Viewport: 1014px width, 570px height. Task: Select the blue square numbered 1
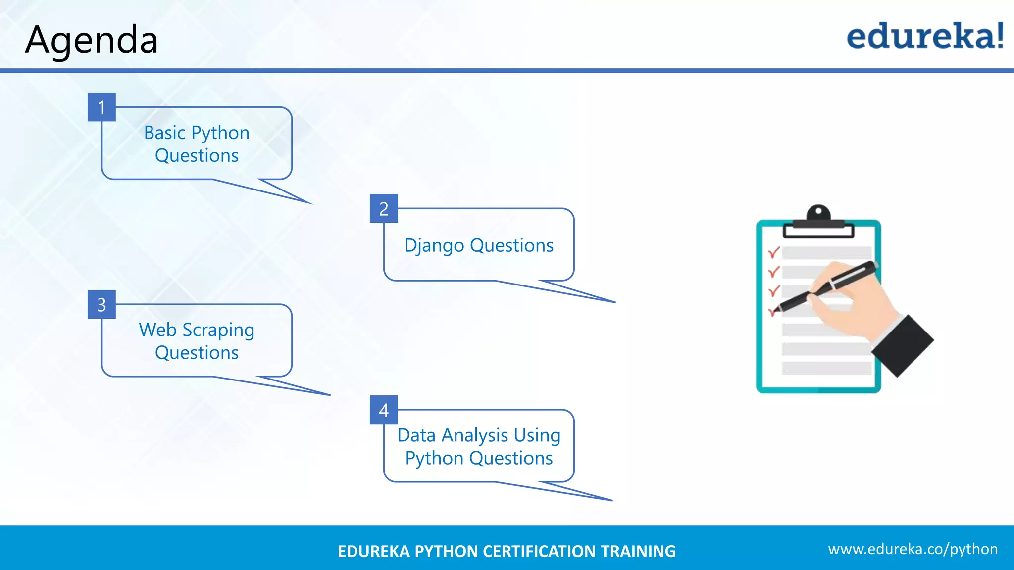click(101, 107)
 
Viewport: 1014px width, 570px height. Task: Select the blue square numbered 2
click(384, 208)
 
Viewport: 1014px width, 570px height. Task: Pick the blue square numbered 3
click(101, 304)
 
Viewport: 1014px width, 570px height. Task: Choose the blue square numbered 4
click(384, 410)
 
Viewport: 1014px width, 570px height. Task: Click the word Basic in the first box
click(164, 133)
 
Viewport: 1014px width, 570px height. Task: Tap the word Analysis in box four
click(475, 436)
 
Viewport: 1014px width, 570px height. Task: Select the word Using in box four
click(537, 436)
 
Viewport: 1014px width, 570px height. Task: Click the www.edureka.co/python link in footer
click(913, 549)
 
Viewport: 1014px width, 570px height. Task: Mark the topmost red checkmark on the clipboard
click(773, 253)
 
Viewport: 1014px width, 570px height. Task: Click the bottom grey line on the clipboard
click(826, 368)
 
